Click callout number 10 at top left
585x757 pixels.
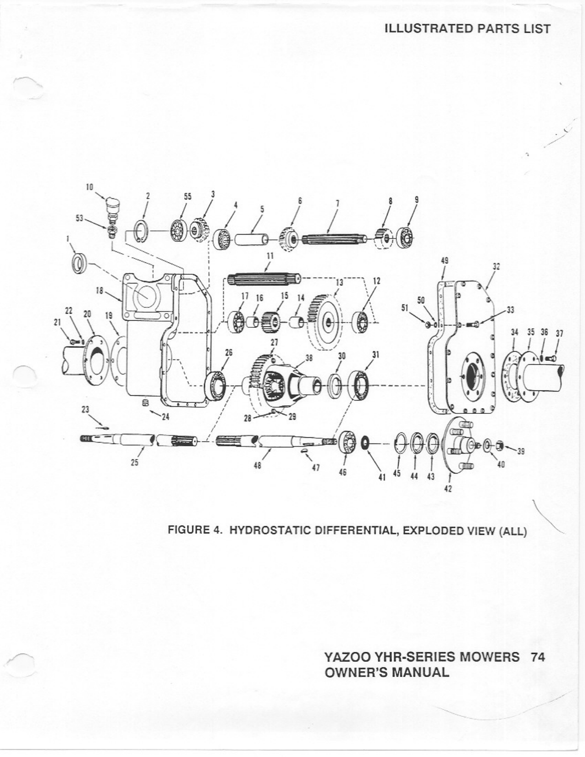tap(89, 187)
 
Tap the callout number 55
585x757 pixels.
tap(187, 196)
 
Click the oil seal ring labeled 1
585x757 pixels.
tap(79, 263)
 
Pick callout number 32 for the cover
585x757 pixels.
tap(496, 267)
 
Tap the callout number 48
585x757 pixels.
tap(258, 465)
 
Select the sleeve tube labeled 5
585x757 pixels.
tap(249, 238)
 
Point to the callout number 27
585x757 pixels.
tap(274, 342)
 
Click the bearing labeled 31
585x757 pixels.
tap(359, 383)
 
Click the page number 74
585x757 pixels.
tap(538, 657)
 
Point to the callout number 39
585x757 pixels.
tap(521, 451)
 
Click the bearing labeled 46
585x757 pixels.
tap(348, 443)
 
